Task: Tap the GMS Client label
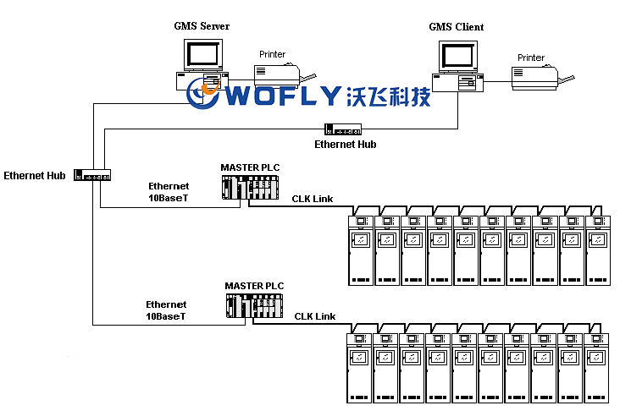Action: click(456, 27)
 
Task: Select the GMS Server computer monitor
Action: click(202, 53)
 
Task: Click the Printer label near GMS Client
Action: click(531, 58)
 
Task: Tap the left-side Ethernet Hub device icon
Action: click(92, 175)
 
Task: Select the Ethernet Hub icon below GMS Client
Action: click(343, 129)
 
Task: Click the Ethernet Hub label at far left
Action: click(35, 176)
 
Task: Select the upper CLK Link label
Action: click(313, 199)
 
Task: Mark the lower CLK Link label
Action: click(315, 316)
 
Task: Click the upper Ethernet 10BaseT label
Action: click(169, 191)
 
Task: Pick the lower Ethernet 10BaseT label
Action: click(166, 310)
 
